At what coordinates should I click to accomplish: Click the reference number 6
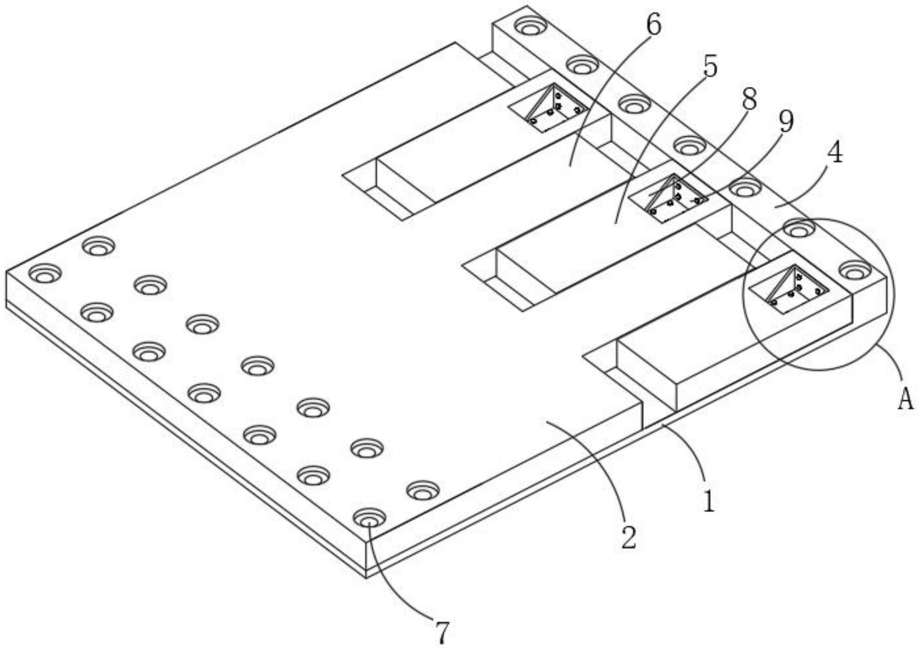click(653, 25)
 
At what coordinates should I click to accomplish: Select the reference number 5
click(710, 67)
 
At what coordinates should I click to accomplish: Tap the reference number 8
click(749, 100)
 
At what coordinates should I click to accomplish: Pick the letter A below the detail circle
click(906, 398)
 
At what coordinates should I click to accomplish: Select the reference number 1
click(709, 502)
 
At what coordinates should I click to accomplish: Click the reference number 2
click(629, 537)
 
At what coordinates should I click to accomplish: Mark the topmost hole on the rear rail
click(529, 26)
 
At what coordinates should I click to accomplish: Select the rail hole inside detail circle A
click(855, 271)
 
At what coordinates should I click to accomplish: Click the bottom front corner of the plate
click(366, 576)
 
